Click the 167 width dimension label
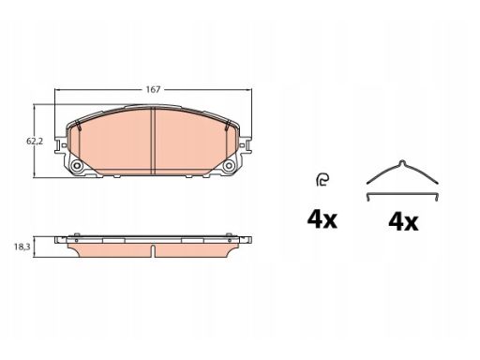tap(153, 90)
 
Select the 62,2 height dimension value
tap(35, 142)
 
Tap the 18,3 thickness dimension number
tap(22, 247)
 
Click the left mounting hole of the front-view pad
tap(76, 166)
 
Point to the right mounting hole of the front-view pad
tap(229, 166)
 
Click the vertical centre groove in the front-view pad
tap(153, 141)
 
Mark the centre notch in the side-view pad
tap(153, 251)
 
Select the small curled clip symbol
tap(322, 180)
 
